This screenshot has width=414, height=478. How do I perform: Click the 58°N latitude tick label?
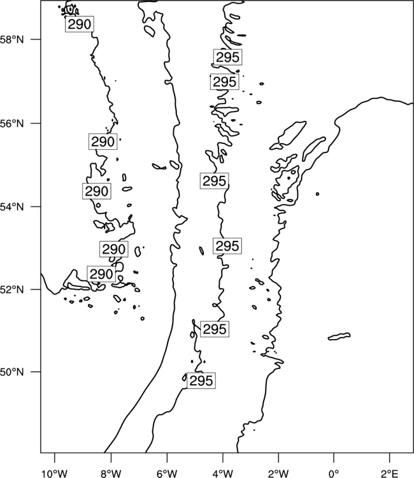12,40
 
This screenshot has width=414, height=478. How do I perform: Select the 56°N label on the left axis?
12,124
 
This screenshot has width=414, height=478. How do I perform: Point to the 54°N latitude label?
12,206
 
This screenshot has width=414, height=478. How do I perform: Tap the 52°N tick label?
12,289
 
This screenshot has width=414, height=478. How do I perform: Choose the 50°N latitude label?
12,372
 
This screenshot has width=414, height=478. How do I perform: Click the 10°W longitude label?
55,474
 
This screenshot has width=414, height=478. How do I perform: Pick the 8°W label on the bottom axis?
111,474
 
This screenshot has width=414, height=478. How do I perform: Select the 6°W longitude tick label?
167,474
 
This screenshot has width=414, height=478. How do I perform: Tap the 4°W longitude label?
223,474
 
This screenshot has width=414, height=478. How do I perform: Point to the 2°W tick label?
278,474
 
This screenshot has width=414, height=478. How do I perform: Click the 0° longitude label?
334,474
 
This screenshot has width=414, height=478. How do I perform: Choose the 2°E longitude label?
390,474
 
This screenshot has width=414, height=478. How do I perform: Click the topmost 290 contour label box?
80,24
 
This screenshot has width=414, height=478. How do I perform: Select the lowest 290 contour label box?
101,274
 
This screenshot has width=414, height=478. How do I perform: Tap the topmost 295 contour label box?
228,57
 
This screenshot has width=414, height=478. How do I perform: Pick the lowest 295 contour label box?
201,380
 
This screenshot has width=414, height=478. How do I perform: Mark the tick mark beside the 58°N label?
36,40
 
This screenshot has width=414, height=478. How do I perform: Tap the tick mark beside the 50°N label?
36,372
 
